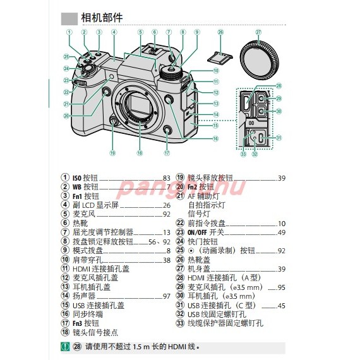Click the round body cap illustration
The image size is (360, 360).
(x=258, y=56)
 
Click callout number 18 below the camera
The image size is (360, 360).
(x=140, y=153)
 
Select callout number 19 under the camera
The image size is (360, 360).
(x=112, y=153)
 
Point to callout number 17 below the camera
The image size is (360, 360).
(x=167, y=153)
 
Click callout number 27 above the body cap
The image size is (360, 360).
(x=258, y=32)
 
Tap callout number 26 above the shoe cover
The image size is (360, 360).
(x=220, y=32)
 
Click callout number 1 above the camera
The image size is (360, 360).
(x=68, y=32)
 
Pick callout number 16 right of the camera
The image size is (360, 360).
(x=215, y=138)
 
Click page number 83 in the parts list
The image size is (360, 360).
(x=167, y=178)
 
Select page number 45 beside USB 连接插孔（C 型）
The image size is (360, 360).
(x=282, y=306)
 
